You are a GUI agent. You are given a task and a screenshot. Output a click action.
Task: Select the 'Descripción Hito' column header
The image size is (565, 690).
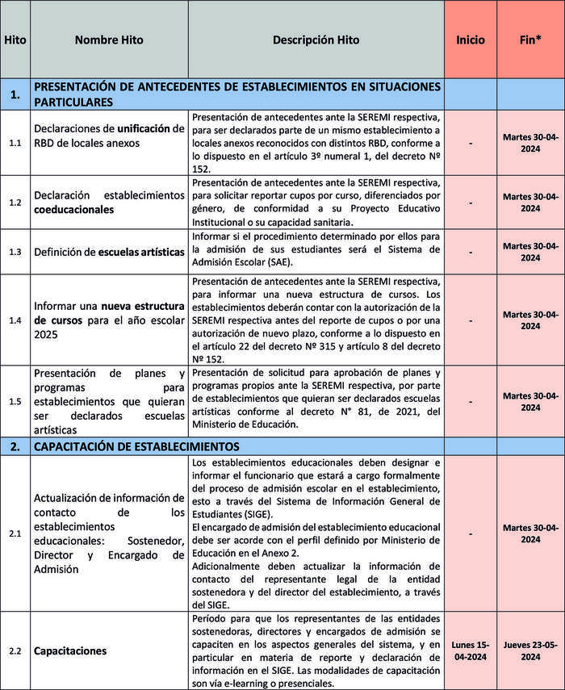click(x=316, y=40)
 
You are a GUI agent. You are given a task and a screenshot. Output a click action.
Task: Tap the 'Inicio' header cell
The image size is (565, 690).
click(x=470, y=40)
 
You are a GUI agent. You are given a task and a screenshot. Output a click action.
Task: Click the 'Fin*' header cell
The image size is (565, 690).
click(x=530, y=40)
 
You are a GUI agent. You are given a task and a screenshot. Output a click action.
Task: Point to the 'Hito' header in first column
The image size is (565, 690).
click(x=15, y=40)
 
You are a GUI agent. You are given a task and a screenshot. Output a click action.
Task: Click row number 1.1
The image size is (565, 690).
click(x=15, y=143)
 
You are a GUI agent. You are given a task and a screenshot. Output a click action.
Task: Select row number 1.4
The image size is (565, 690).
click(x=15, y=320)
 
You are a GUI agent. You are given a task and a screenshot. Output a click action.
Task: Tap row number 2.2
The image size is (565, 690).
click(x=15, y=650)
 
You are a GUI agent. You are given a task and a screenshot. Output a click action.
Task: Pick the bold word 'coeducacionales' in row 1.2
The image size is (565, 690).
click(x=74, y=209)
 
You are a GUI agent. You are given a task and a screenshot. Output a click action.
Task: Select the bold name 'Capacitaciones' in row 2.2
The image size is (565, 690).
click(x=70, y=650)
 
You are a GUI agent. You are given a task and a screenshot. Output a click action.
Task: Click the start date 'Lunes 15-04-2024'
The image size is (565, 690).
click(x=470, y=650)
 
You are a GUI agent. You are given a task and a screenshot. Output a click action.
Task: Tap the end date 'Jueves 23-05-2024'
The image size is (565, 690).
click(x=530, y=650)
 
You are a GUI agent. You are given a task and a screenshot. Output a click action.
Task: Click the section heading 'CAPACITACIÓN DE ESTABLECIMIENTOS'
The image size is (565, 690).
click(x=136, y=445)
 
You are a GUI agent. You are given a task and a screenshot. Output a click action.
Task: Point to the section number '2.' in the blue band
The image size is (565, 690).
click(x=15, y=445)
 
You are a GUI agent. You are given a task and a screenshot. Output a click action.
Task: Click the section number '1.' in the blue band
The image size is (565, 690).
click(x=15, y=94)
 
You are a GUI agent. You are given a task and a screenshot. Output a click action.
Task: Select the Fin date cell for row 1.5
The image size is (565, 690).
click(x=530, y=401)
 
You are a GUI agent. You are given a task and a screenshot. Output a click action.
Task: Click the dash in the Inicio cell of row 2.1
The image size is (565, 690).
click(x=470, y=533)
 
